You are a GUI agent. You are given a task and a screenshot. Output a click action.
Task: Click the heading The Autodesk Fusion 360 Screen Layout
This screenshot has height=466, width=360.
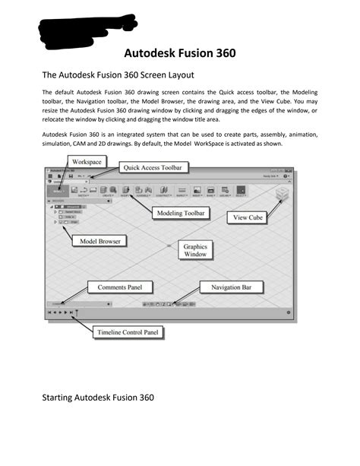click(x=118, y=75)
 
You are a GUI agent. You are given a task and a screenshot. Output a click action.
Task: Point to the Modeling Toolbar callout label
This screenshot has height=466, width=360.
click(x=180, y=214)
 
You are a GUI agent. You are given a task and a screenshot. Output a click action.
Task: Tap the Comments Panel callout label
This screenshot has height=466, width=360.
click(x=125, y=287)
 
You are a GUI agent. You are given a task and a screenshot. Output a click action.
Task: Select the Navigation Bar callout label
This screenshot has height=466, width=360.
click(x=232, y=287)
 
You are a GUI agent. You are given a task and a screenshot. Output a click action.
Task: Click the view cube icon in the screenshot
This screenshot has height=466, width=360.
click(x=282, y=195)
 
